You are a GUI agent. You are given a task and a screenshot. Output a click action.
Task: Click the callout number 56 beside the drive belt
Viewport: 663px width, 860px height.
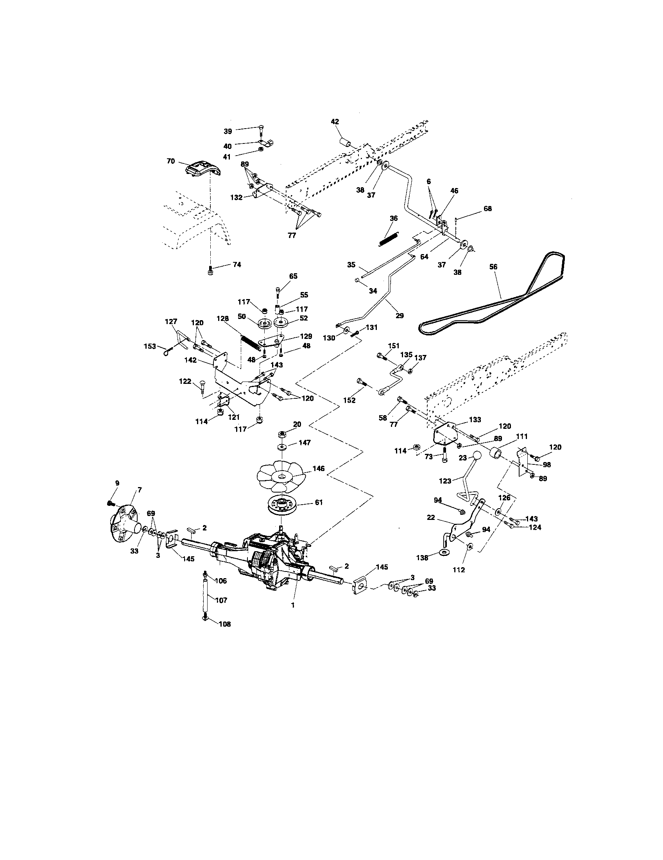[493, 267]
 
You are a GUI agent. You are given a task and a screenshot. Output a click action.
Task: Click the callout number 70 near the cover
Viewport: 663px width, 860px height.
[171, 161]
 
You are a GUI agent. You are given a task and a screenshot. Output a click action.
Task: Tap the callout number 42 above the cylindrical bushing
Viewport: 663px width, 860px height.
[335, 122]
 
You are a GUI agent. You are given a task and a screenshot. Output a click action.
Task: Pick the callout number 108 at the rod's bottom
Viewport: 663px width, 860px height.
[225, 624]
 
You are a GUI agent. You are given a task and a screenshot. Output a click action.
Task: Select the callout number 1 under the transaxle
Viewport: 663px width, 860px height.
[292, 606]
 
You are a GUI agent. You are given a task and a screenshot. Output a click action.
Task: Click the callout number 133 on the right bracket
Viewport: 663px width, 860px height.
[475, 420]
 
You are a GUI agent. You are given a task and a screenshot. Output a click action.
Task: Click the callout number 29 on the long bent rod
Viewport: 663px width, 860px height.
[399, 315]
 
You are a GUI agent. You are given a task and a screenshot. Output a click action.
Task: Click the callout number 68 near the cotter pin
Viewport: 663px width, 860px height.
[487, 209]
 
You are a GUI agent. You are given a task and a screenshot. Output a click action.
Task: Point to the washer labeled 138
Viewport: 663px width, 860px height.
[445, 552]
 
